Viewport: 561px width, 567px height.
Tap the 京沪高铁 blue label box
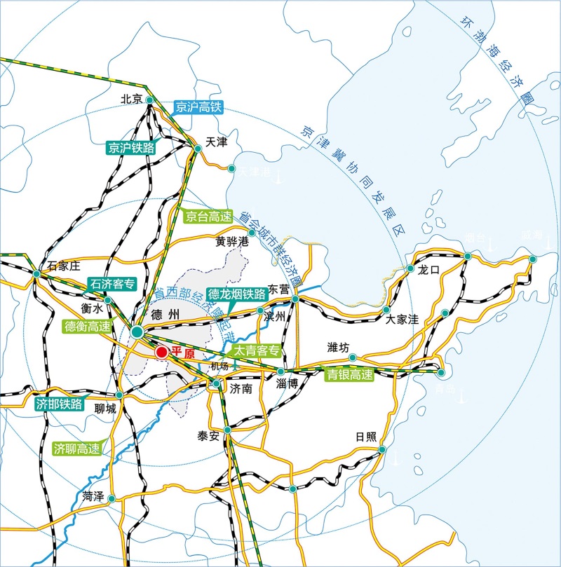tap(199, 107)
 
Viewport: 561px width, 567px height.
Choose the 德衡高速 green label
tap(86, 325)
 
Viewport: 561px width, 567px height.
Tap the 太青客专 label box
tap(257, 350)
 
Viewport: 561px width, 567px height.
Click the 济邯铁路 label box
tap(60, 404)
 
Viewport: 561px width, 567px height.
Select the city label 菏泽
tap(93, 496)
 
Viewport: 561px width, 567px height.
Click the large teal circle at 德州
tap(137, 331)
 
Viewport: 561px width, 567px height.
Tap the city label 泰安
tap(209, 436)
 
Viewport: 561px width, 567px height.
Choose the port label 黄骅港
tap(232, 242)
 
